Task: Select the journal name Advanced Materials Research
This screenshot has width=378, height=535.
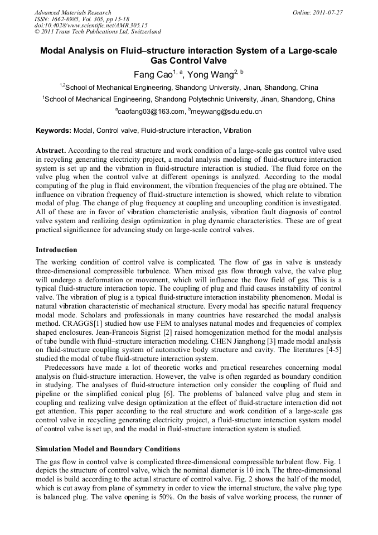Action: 72,12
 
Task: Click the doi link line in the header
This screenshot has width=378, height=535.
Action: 90,26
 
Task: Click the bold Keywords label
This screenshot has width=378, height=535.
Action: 54,131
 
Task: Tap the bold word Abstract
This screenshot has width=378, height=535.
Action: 51,151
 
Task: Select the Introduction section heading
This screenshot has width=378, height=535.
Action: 56,249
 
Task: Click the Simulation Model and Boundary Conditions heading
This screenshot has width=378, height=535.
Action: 108,449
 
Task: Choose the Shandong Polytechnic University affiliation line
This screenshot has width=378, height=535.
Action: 189,99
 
